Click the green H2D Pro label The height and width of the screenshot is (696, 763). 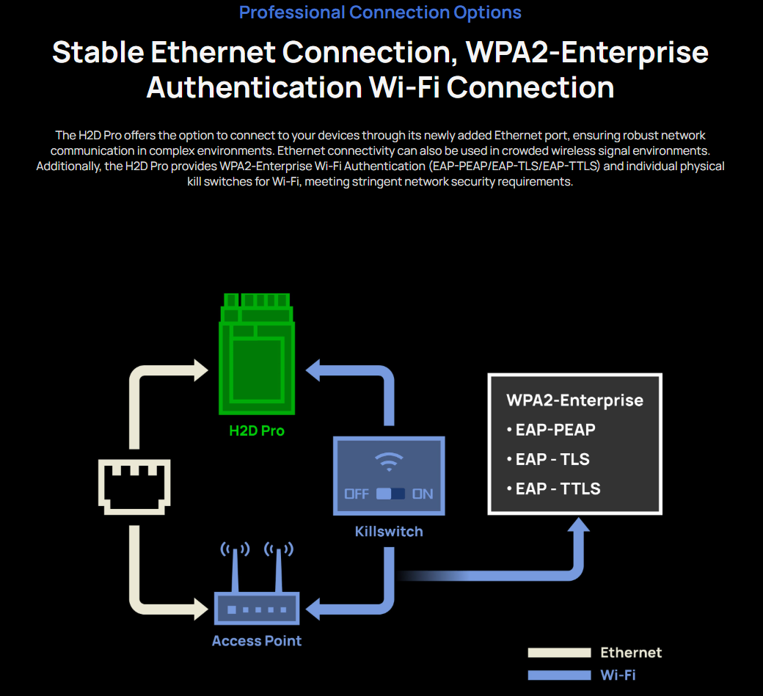tap(256, 431)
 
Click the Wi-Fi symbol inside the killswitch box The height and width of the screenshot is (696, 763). tap(389, 462)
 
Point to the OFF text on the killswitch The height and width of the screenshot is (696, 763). tap(357, 494)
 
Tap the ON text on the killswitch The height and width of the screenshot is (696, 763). tap(423, 494)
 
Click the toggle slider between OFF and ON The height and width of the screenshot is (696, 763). tap(390, 494)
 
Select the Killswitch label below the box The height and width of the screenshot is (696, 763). tap(389, 531)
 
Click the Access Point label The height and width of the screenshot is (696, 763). tap(257, 640)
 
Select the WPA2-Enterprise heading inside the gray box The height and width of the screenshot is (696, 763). tap(574, 400)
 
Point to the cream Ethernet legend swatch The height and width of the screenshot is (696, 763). tap(559, 653)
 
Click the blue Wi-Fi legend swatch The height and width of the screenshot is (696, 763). tap(559, 675)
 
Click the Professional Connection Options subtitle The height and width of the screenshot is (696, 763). tap(380, 12)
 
